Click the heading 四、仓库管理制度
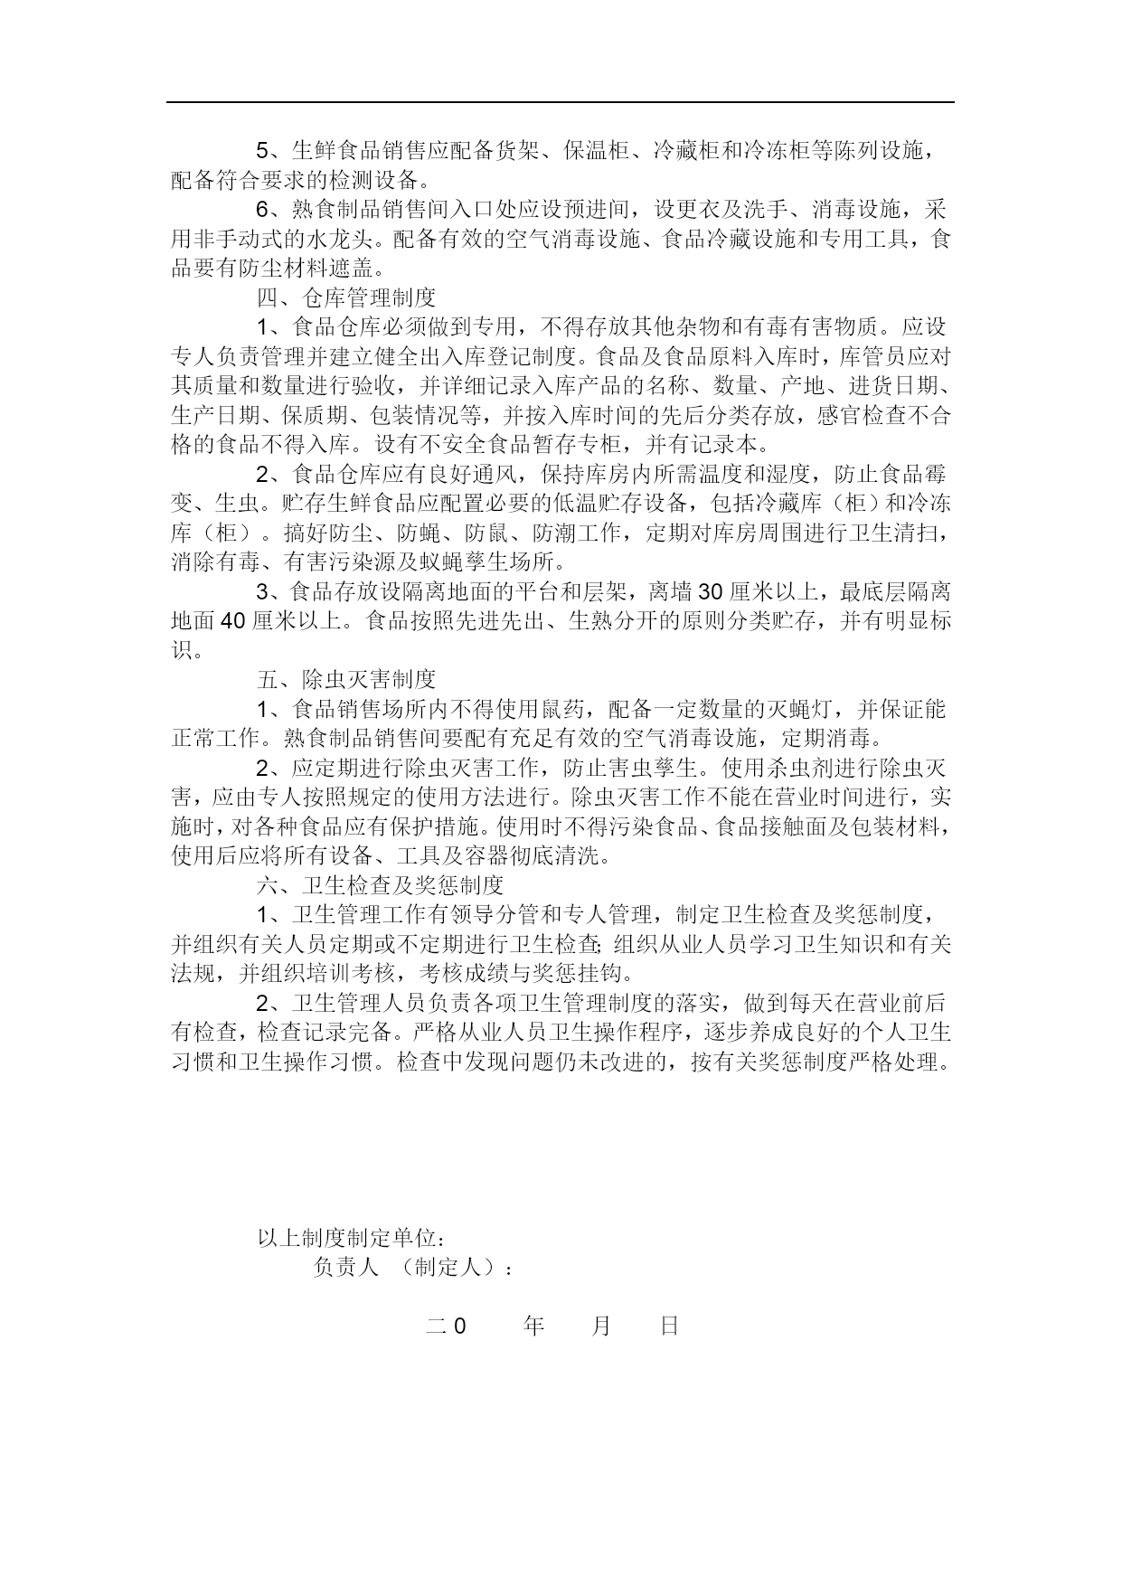click(x=346, y=297)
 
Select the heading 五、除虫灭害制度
click(x=346, y=680)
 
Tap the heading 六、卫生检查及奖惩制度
click(x=380, y=885)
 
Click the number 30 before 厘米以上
click(x=711, y=592)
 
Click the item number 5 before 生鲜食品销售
click(x=263, y=151)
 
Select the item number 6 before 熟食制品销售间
click(x=263, y=210)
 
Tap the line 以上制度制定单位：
click(x=353, y=1238)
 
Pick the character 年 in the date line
click(x=533, y=1326)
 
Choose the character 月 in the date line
click(x=601, y=1326)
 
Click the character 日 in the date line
click(x=669, y=1326)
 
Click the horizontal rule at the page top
click(x=560, y=102)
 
